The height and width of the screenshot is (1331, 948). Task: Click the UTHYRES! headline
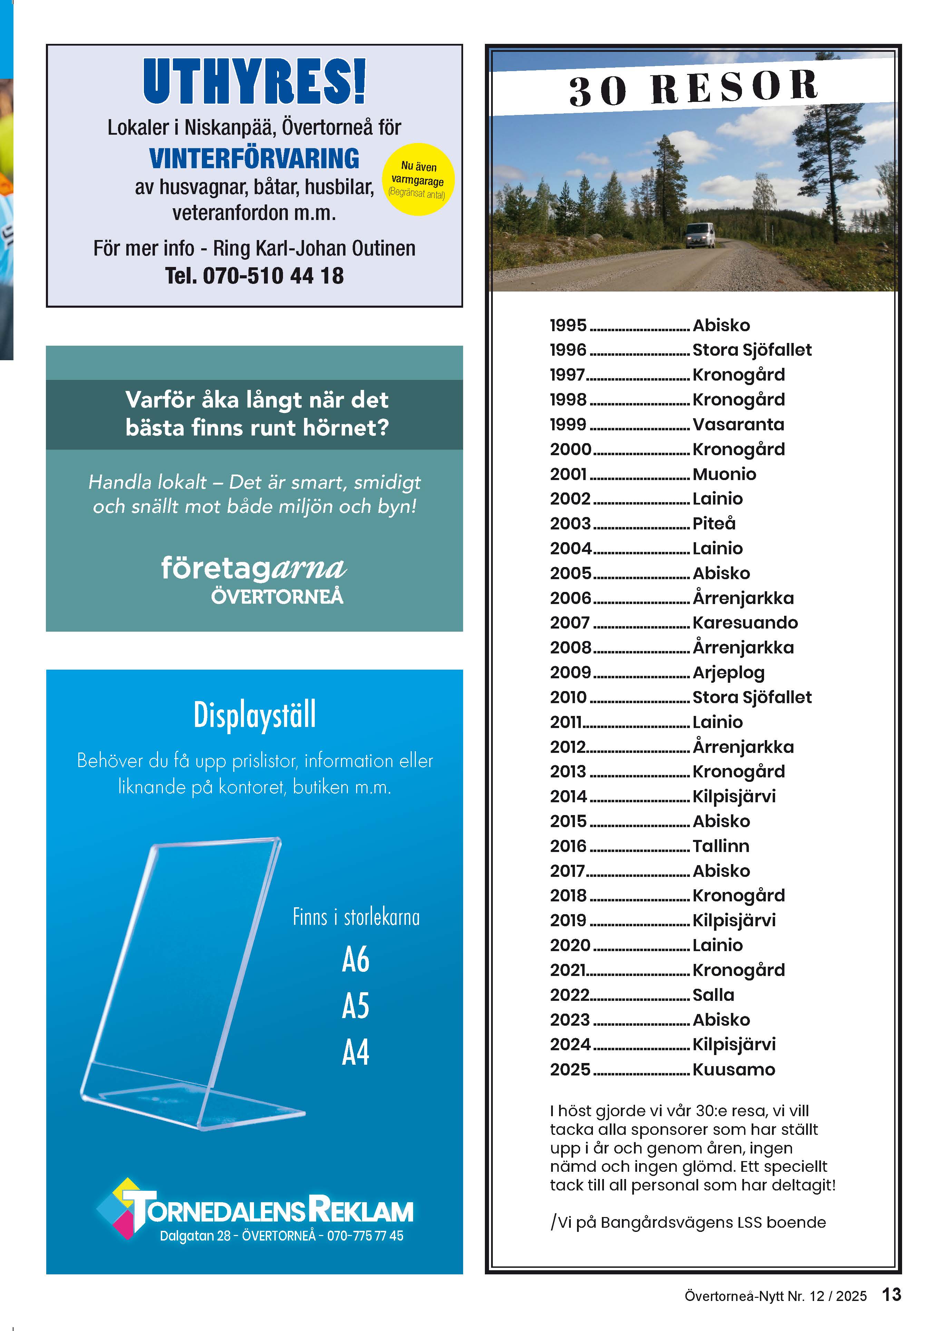click(x=254, y=82)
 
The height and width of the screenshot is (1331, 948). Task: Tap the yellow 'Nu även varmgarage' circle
click(x=418, y=179)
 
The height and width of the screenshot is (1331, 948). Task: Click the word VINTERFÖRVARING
click(x=254, y=159)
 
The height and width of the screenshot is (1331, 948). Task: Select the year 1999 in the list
click(x=568, y=424)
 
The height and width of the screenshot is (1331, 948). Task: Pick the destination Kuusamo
click(x=733, y=1069)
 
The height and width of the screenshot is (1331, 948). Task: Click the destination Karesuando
click(x=745, y=623)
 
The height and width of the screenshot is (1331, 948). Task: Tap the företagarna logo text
click(x=254, y=568)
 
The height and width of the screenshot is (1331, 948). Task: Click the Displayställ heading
click(x=254, y=715)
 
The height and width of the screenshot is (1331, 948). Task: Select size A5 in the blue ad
click(x=355, y=1006)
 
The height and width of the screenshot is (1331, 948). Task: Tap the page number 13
click(x=891, y=1295)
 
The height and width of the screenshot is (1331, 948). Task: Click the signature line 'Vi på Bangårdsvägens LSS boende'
click(x=689, y=1222)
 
